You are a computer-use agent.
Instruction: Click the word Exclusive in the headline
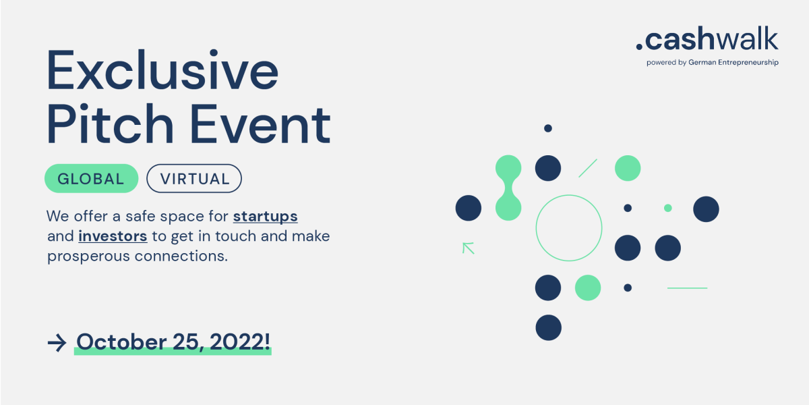[x=163, y=70]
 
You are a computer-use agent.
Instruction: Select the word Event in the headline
[x=261, y=124]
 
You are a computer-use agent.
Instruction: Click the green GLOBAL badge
[x=92, y=178]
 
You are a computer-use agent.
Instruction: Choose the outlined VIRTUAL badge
[x=194, y=178]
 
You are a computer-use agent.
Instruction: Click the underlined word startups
[x=265, y=217]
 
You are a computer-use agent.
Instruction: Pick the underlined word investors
[x=113, y=236]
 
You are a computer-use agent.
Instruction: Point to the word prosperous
[x=88, y=256]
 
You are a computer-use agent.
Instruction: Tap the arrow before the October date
[x=57, y=343]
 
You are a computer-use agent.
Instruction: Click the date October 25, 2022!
[x=173, y=342]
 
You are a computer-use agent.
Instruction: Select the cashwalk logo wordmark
[x=707, y=38]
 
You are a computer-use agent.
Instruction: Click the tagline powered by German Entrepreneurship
[x=712, y=62]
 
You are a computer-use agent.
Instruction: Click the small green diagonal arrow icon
[x=469, y=248]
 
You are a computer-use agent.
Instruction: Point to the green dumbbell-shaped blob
[x=508, y=188]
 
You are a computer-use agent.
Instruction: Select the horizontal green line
[x=687, y=288]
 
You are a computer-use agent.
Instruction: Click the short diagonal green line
[x=588, y=168]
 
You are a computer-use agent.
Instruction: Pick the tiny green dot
[x=668, y=208]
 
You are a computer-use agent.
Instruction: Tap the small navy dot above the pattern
[x=548, y=128]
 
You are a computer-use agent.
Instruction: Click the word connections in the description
[x=181, y=256]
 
